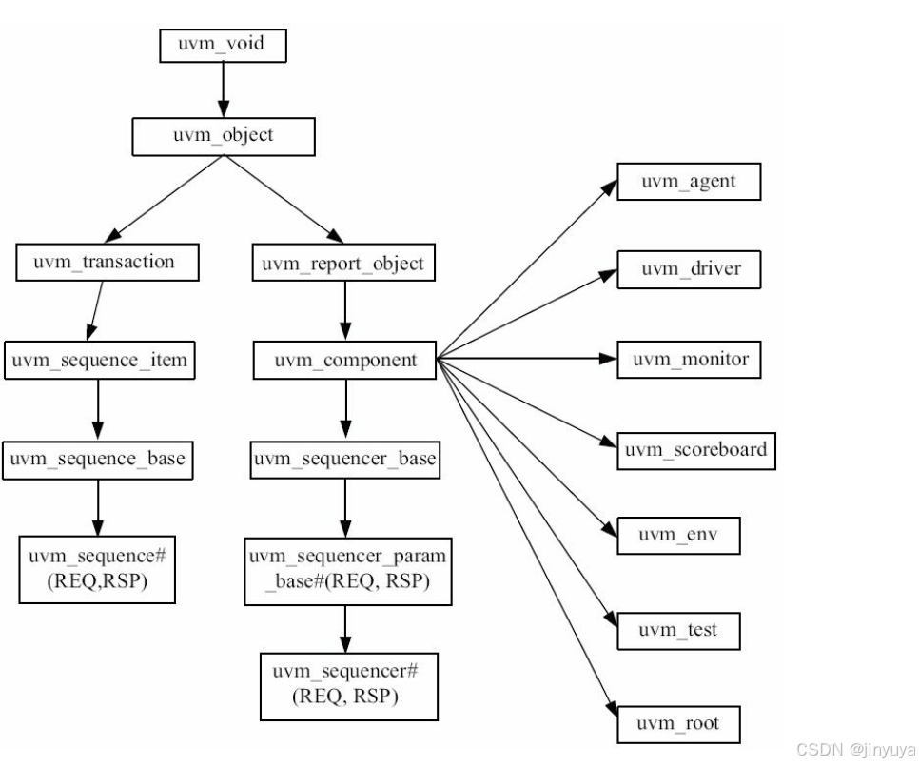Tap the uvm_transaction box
pyautogui.click(x=108, y=262)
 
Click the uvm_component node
pyautogui.click(x=343, y=361)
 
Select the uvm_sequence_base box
pyautogui.click(x=97, y=460)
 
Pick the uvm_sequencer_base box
pyautogui.click(x=343, y=460)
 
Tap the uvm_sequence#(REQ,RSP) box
pyautogui.click(x=97, y=569)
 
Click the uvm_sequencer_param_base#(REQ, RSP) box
pyautogui.click(x=346, y=569)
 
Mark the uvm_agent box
pyautogui.click(x=688, y=181)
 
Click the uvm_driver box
pyautogui.click(x=690, y=270)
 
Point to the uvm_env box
pyautogui.click(x=677, y=537)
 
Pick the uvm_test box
pyautogui.click(x=678, y=629)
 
